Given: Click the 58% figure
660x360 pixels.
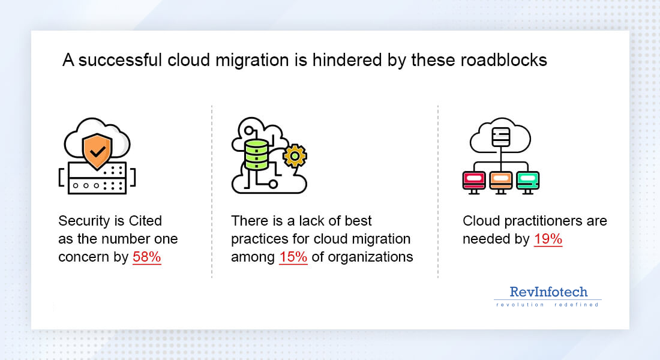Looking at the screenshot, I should click(x=147, y=257).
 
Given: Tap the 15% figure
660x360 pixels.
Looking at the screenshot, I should click(x=293, y=257).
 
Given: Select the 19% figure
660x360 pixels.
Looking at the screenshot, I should click(x=548, y=239).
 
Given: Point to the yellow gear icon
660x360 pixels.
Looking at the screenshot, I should click(x=294, y=157).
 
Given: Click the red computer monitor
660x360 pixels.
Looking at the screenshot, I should click(x=474, y=181).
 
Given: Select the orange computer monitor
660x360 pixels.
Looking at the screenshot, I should click(x=500, y=181).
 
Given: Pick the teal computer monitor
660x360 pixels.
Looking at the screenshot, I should click(x=527, y=181).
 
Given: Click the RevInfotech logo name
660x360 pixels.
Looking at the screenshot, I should click(x=548, y=292).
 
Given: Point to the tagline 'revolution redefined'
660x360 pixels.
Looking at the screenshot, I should click(x=547, y=305).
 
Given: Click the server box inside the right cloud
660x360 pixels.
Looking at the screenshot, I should click(x=500, y=137).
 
